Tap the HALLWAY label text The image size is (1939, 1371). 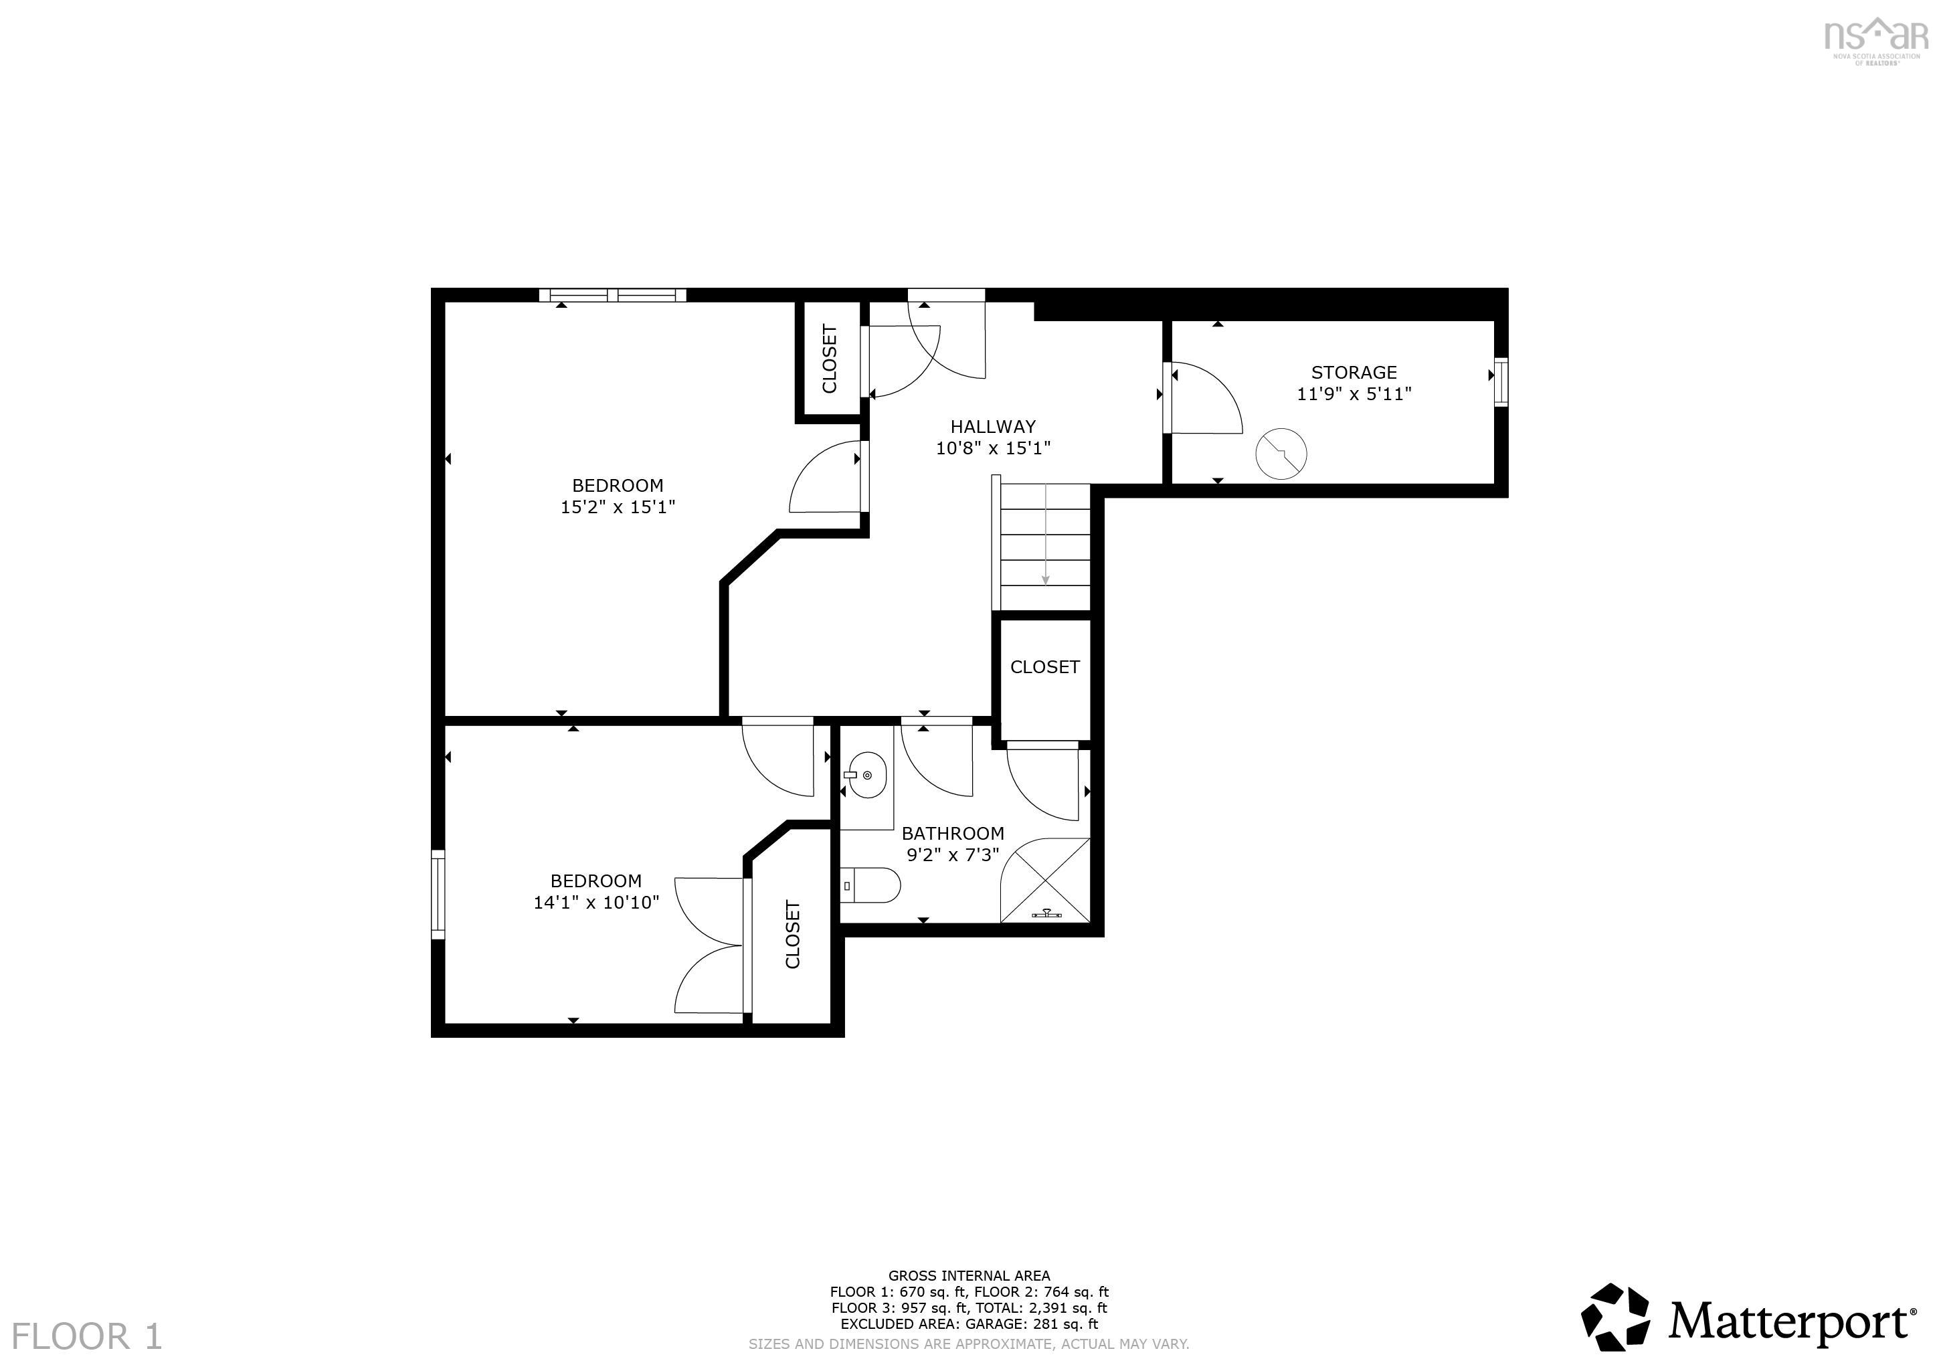tap(992, 427)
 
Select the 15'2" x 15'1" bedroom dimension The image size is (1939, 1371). tap(618, 507)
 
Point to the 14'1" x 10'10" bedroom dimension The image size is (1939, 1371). tap(595, 902)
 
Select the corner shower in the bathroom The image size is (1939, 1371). tap(1046, 881)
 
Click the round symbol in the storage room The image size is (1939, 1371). tap(1281, 454)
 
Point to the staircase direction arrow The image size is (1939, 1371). tap(1046, 534)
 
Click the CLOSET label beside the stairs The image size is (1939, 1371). tap(1044, 666)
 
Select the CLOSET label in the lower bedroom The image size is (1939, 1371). tap(792, 934)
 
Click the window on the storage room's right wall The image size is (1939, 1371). tap(1501, 383)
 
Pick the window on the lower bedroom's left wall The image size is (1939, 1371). tap(438, 894)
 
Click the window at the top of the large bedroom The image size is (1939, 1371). tap(612, 295)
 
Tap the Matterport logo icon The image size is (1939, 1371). tap(1616, 1317)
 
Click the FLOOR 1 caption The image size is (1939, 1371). tap(86, 1336)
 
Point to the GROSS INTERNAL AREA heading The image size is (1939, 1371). tap(969, 1275)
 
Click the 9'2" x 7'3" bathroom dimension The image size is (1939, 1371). tap(953, 855)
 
